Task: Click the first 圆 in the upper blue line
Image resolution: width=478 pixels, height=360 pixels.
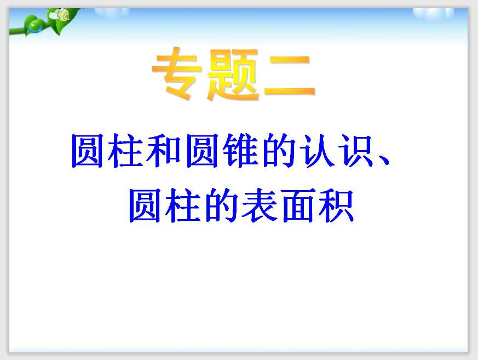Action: click(89, 152)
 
